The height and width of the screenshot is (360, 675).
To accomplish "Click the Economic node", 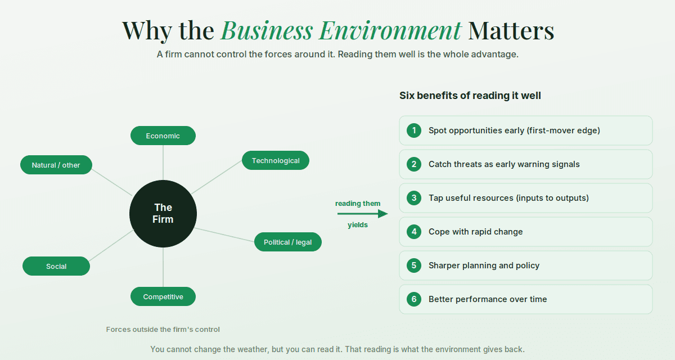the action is click(163, 136).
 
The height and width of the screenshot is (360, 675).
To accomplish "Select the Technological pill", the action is click(276, 160).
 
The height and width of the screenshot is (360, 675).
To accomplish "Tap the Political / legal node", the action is click(288, 242).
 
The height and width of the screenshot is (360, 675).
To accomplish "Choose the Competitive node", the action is click(163, 296).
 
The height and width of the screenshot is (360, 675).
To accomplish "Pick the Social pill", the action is click(56, 266).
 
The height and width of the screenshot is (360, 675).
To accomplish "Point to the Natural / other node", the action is click(56, 165).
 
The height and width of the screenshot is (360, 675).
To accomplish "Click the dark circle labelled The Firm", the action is click(163, 214).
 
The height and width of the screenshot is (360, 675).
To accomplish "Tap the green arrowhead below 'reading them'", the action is click(382, 214).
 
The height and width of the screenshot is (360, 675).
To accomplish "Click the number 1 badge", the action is click(414, 130).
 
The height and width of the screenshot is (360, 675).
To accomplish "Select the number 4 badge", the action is click(414, 232).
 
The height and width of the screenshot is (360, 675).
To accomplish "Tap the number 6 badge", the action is click(414, 299).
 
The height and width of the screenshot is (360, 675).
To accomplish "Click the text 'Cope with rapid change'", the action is click(475, 232).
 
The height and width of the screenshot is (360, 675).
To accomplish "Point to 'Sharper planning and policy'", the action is click(484, 265).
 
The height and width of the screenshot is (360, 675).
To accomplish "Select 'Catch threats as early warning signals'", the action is click(504, 164).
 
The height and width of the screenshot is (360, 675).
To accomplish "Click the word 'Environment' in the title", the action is click(390, 30).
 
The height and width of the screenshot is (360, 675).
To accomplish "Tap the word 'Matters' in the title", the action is click(511, 30).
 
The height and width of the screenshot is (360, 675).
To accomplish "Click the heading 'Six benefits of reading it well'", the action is click(470, 96).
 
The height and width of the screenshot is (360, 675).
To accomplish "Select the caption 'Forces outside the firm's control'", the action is click(163, 329).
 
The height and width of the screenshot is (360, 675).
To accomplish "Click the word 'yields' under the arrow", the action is click(358, 225).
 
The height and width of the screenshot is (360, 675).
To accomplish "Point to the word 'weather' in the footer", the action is click(253, 349).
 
